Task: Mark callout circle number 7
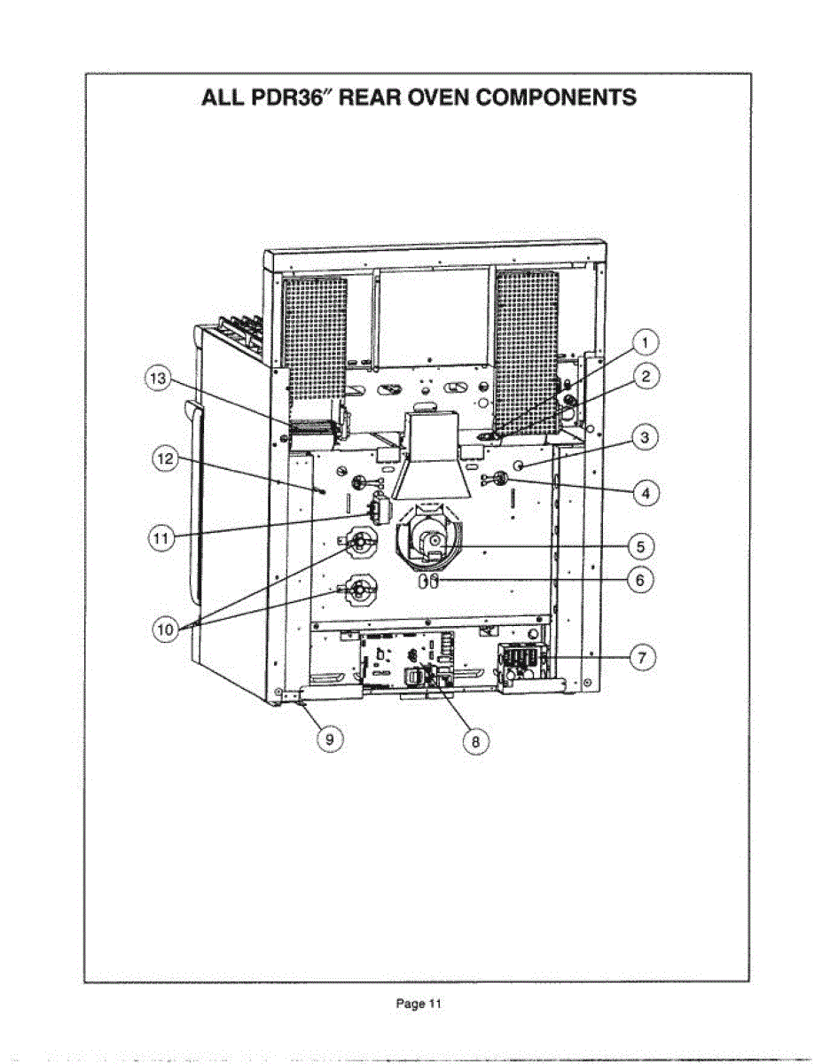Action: [x=642, y=657]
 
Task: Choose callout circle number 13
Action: [x=158, y=379]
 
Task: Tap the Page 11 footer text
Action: [x=418, y=1004]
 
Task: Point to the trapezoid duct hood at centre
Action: [x=432, y=461]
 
